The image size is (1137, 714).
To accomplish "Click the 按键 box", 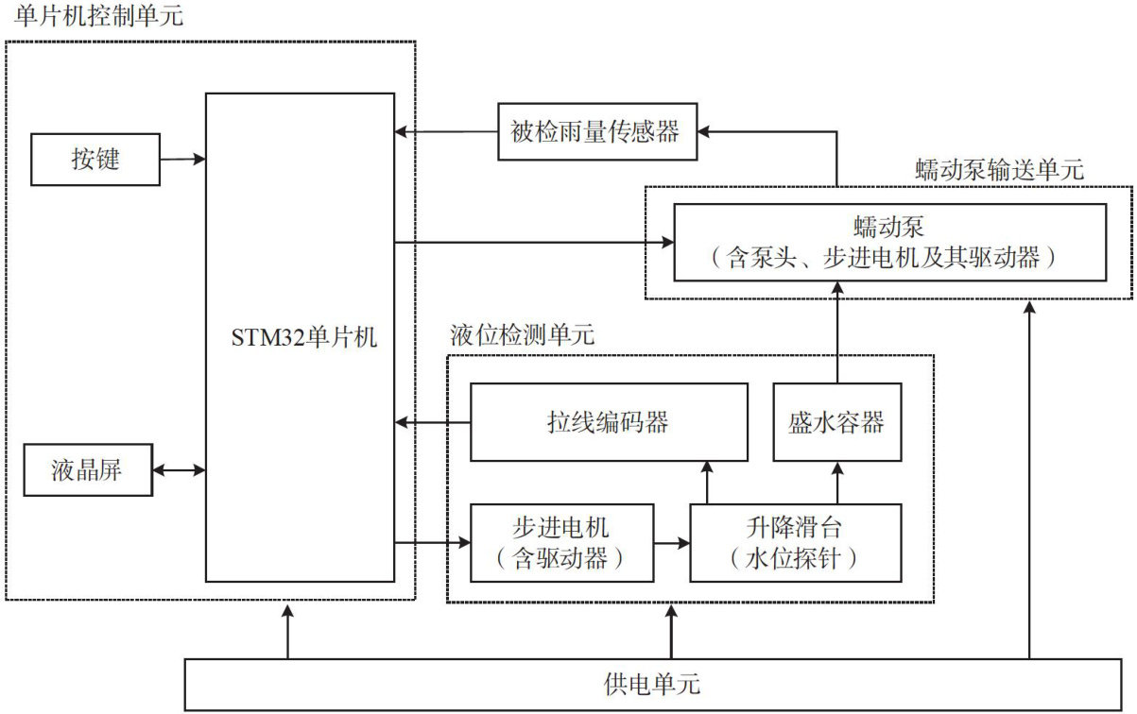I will (95, 159).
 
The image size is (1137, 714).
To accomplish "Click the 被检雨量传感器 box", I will (597, 130).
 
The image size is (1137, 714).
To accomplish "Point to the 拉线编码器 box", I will (608, 421).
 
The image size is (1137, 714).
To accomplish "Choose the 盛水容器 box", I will (836, 421).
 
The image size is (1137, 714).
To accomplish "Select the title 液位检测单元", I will (523, 335).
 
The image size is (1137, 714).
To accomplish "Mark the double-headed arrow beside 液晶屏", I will (180, 469).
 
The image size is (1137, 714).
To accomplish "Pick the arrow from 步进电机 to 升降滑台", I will (672, 543).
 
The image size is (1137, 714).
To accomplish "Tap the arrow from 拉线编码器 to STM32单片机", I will (433, 421).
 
